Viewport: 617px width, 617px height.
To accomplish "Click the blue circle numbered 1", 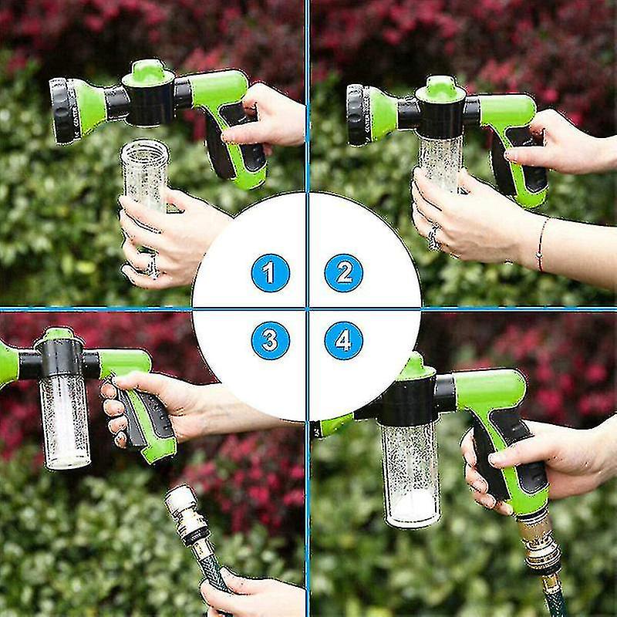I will tap(270, 272).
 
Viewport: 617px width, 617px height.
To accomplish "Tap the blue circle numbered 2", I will tap(343, 272).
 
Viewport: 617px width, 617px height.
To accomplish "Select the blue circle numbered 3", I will tap(270, 340).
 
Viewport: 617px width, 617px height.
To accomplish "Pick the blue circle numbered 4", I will tap(343, 340).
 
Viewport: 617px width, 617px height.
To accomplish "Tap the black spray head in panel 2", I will tap(356, 114).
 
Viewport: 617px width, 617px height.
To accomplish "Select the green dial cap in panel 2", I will tap(440, 88).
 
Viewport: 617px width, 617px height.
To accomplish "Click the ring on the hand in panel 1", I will tap(152, 265).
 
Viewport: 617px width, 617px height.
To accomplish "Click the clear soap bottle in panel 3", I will tap(65, 420).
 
